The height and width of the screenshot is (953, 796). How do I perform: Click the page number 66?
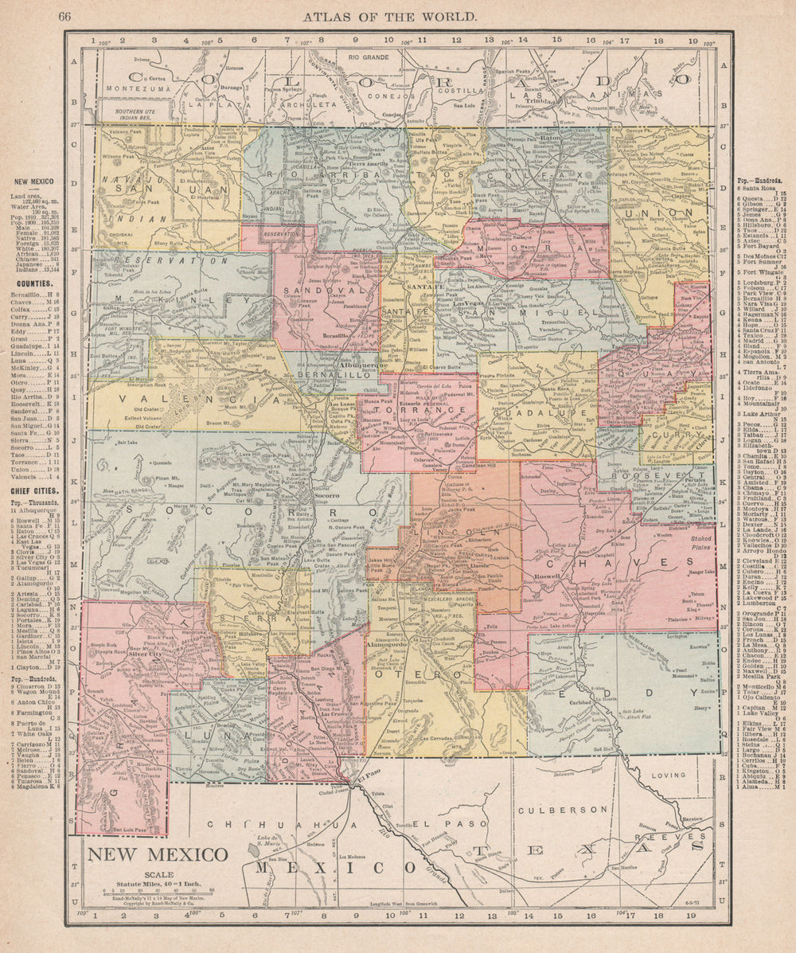(65, 16)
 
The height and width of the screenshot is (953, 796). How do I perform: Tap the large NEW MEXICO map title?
(157, 856)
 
